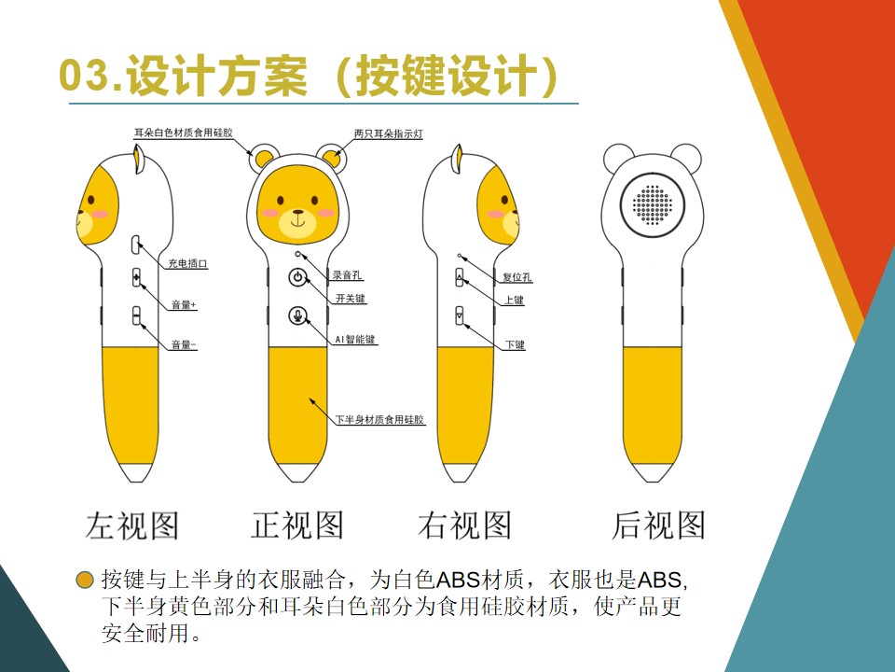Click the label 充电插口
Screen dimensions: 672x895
(187, 264)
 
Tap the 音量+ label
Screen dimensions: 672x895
(183, 305)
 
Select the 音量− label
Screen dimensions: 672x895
(183, 345)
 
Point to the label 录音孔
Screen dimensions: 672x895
(348, 275)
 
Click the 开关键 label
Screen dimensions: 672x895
(351, 299)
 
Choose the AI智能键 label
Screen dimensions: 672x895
(355, 340)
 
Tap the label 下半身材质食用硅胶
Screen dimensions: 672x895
(379, 420)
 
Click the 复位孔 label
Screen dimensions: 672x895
(517, 277)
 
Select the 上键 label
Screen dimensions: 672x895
(514, 301)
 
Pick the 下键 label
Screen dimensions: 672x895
(515, 345)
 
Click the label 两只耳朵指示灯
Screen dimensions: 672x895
(389, 134)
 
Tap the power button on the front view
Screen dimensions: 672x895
(297, 276)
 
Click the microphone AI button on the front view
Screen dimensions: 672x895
(297, 315)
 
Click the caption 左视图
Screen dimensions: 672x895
(131, 525)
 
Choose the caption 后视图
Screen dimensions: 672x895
(658, 525)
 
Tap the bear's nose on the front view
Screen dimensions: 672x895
(297, 214)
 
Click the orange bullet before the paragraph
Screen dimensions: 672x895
(85, 579)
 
